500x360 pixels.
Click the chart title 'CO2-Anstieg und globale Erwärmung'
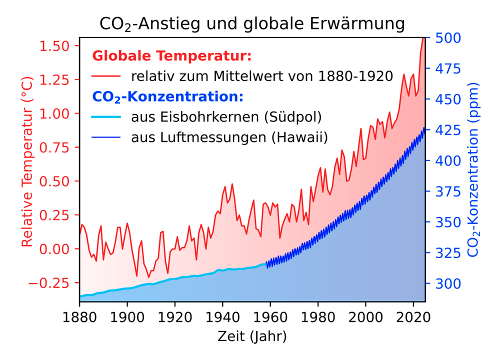251,23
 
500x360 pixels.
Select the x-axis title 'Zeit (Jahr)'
252,336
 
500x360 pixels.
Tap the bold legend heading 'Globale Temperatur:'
172,56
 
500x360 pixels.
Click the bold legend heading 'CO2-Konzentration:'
168,96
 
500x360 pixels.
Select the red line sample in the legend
106,76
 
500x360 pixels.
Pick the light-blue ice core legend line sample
106,117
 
